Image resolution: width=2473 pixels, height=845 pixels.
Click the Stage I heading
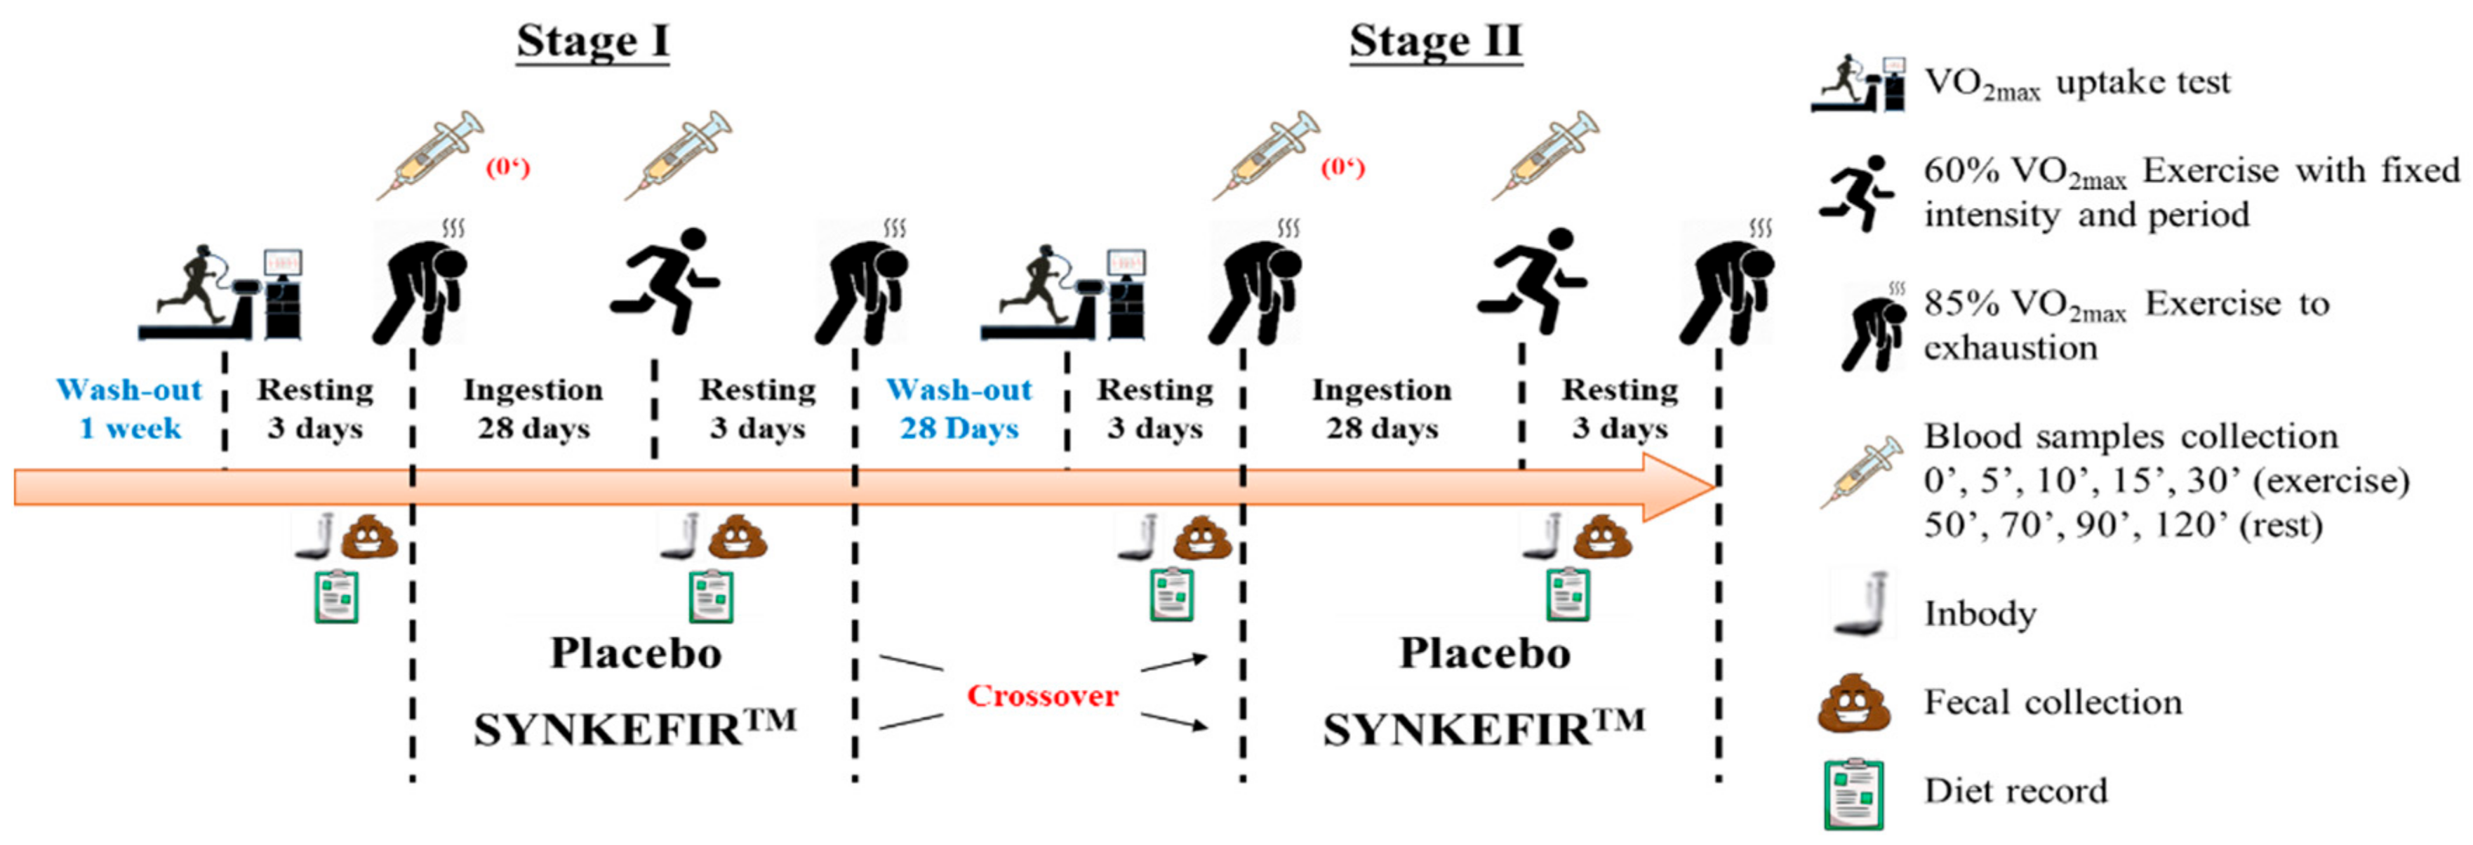[x=592, y=42]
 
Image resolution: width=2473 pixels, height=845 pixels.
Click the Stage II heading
[x=1435, y=42]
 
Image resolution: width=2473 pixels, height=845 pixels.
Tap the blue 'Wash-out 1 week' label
[x=130, y=408]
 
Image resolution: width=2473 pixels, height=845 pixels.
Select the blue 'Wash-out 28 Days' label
[x=959, y=408]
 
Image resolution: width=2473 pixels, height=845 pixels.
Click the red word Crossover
[x=1043, y=696]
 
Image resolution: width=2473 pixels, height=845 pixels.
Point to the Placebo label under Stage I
[x=636, y=654]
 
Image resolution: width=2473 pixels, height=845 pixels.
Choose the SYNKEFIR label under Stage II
[x=1484, y=728]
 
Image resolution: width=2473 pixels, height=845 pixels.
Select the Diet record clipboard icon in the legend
[x=1854, y=793]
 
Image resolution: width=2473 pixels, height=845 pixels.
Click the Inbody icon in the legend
[x=1862, y=605]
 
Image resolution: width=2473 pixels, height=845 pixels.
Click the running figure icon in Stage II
[x=1532, y=281]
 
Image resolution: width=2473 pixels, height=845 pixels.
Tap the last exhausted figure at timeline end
[x=1726, y=286]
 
